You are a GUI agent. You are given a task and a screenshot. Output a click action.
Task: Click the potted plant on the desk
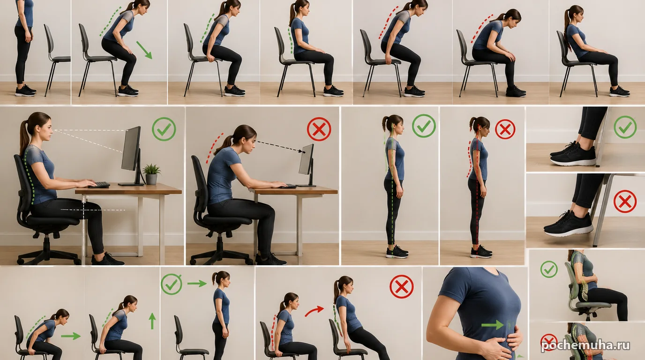click(x=151, y=174)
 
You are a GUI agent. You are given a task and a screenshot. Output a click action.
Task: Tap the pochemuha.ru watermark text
click(x=585, y=345)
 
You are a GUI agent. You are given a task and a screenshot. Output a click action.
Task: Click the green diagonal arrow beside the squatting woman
click(x=144, y=50)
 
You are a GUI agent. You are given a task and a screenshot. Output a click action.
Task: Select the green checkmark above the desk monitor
click(x=164, y=129)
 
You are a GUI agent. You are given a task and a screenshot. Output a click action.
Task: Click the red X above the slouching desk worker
click(x=319, y=129)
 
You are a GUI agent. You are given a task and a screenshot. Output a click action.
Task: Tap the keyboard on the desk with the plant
click(x=99, y=185)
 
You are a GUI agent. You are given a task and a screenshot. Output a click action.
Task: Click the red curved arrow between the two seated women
click(x=314, y=311)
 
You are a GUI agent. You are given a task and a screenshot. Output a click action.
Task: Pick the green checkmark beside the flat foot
click(x=625, y=127)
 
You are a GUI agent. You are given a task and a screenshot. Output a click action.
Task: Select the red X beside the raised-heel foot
click(x=625, y=201)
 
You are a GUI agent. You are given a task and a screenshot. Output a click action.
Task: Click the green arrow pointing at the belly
click(x=492, y=325)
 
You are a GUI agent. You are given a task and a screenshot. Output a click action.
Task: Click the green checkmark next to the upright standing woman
click(x=424, y=126)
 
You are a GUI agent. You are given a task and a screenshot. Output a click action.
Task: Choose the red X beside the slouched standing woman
click(x=505, y=129)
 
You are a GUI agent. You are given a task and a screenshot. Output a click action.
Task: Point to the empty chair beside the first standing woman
click(x=56, y=60)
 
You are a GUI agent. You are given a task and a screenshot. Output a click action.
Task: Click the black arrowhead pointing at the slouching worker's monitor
click(x=302, y=151)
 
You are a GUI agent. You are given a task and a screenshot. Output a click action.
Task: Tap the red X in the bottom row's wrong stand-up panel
click(x=402, y=286)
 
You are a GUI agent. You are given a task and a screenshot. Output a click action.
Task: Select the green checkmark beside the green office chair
click(x=549, y=269)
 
